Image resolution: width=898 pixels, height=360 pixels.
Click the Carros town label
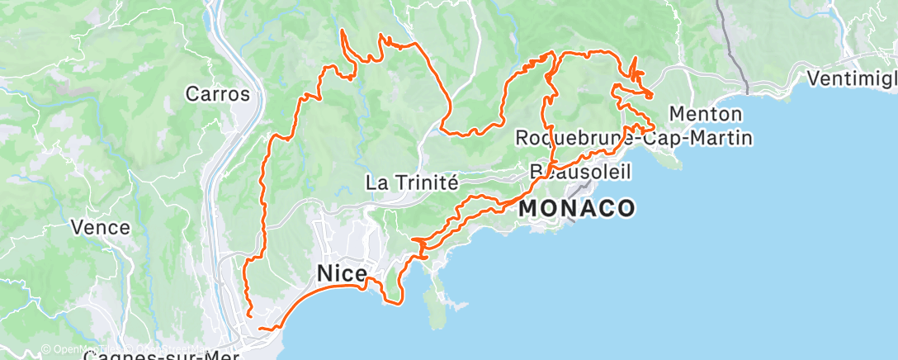click(x=218, y=94)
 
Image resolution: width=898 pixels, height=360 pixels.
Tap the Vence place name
click(x=101, y=227)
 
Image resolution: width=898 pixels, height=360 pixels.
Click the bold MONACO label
click(x=577, y=208)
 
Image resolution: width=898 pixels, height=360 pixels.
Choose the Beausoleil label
click(x=580, y=172)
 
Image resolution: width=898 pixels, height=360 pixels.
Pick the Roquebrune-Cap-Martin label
click(x=633, y=137)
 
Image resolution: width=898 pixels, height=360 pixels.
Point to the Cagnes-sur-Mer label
click(x=161, y=356)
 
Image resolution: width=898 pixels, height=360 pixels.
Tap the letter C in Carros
click(x=192, y=94)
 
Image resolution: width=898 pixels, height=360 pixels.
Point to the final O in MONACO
click(x=626, y=208)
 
